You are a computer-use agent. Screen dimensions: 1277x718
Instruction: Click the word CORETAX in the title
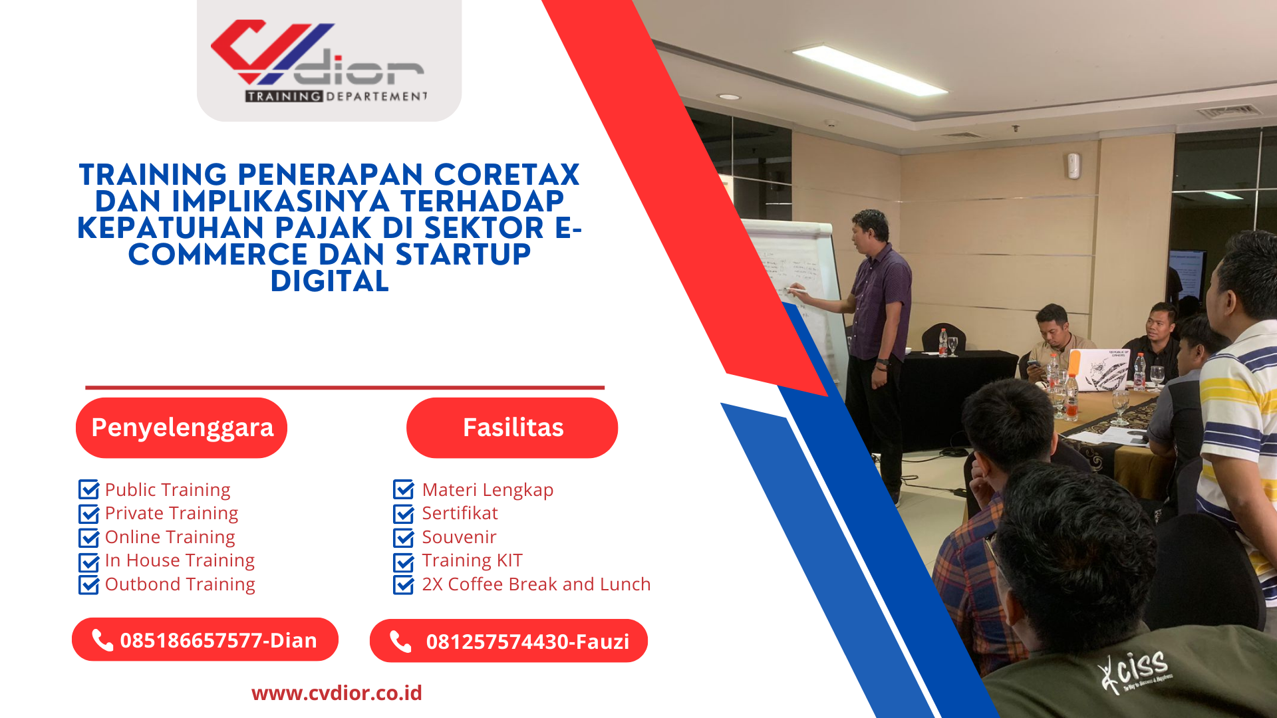pos(507,175)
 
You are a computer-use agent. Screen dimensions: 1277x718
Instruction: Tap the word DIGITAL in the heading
pos(330,281)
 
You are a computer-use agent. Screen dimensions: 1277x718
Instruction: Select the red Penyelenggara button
pos(182,427)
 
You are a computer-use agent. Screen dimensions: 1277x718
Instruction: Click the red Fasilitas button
pos(512,427)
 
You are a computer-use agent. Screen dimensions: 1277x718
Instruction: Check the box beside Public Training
pos(88,489)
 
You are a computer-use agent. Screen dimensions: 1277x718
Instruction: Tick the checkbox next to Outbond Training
pos(88,584)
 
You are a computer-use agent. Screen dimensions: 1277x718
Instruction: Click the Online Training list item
pos(170,537)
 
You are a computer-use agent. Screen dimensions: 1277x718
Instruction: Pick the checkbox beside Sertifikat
pos(404,513)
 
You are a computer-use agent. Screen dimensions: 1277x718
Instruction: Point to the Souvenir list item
pos(459,537)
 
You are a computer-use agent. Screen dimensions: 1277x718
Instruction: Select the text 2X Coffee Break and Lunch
pos(536,584)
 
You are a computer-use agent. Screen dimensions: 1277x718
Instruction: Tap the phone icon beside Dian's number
pos(102,640)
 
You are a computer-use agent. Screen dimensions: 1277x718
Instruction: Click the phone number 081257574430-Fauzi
pos(527,642)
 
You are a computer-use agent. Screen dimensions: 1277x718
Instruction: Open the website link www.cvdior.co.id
pos(337,693)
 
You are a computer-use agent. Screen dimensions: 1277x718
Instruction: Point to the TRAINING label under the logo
pos(284,96)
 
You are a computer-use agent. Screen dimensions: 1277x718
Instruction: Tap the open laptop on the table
pos(1098,370)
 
